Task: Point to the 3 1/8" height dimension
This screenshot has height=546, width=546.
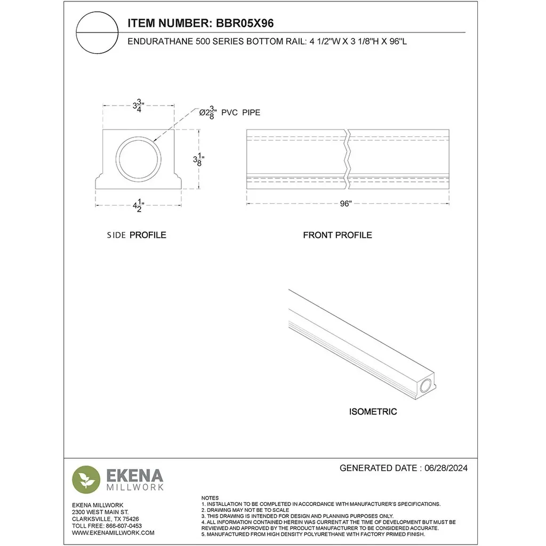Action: (199, 159)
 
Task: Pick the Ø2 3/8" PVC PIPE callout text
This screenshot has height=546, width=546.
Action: (230, 113)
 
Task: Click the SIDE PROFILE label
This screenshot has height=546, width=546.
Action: (136, 235)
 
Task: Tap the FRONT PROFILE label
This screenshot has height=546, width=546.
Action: (338, 235)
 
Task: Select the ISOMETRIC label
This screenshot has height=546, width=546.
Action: (373, 412)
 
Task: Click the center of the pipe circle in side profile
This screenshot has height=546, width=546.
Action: (139, 159)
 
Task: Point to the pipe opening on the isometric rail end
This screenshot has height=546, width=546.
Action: (426, 386)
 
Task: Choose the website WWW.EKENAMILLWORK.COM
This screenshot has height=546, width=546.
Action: (113, 532)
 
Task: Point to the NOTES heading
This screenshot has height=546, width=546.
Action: (210, 497)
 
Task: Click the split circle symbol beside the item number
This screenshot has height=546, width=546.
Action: (96, 33)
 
